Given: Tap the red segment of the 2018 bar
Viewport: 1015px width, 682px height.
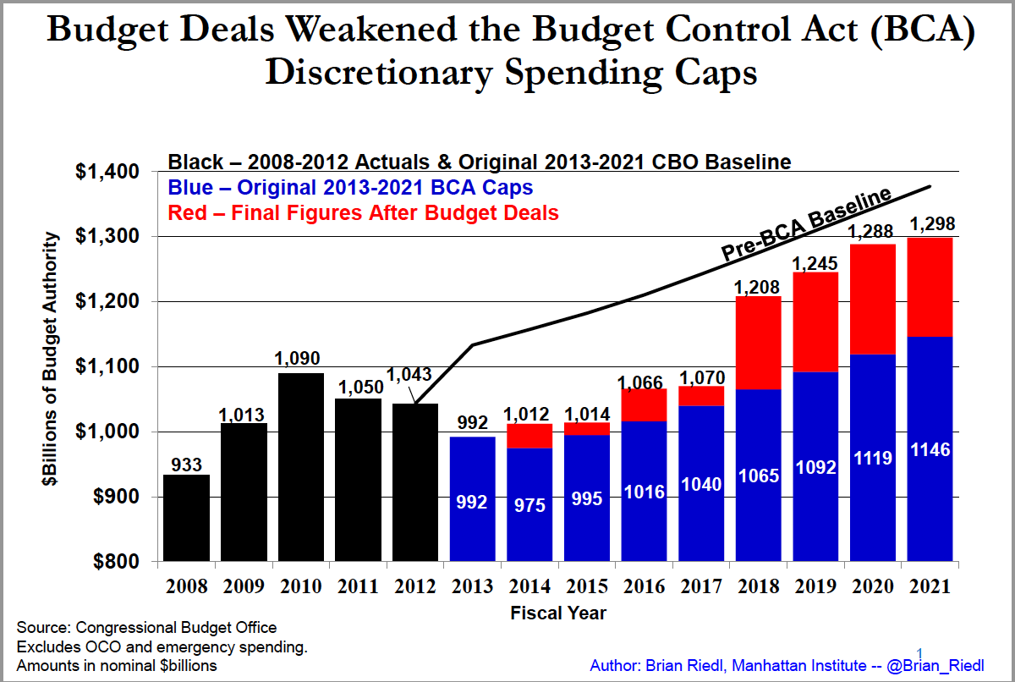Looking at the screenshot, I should click(758, 343).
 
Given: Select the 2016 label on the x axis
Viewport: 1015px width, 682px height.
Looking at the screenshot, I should click(644, 586).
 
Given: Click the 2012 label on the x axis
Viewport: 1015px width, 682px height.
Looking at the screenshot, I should click(414, 586).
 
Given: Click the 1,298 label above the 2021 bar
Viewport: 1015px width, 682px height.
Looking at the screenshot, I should click(930, 224).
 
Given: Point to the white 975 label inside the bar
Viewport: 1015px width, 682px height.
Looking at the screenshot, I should click(529, 506).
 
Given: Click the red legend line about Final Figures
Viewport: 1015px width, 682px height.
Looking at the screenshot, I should click(364, 212).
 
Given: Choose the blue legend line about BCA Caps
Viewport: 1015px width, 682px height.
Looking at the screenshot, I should click(351, 187).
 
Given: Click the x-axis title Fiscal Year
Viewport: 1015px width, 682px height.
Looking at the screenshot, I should click(557, 612).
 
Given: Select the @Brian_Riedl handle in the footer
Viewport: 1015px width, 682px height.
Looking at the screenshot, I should click(937, 664).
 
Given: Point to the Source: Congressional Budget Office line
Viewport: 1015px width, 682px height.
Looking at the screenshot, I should click(146, 628).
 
